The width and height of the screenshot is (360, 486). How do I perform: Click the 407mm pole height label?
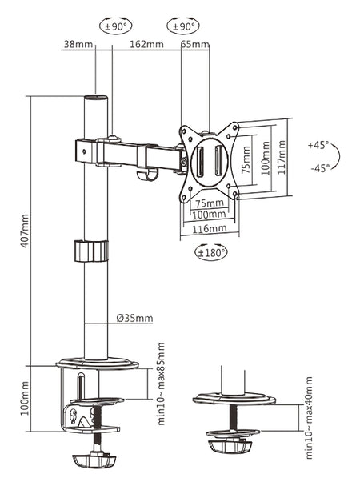click(25, 231)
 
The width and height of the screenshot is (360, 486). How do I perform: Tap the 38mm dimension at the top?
click(78, 44)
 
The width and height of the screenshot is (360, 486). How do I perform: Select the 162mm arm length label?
click(146, 44)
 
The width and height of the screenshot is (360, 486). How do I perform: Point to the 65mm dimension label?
click(195, 44)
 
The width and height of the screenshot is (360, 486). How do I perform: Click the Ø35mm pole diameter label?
click(134, 318)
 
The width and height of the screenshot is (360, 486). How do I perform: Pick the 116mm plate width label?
click(210, 229)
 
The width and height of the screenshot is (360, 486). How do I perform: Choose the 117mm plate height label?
click(282, 157)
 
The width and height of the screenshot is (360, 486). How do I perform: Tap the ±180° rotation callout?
click(211, 253)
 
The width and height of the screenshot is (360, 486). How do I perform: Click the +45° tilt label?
click(318, 145)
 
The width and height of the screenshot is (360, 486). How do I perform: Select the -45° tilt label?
click(320, 168)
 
